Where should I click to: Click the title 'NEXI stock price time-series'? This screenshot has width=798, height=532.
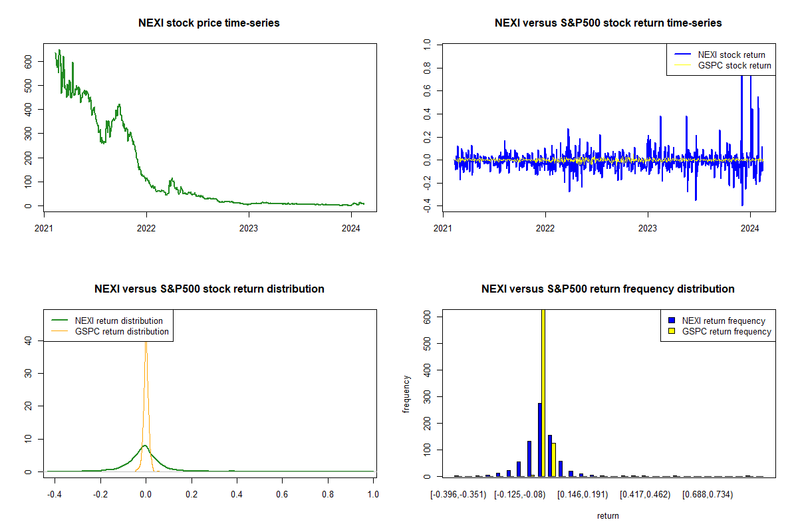(x=209, y=23)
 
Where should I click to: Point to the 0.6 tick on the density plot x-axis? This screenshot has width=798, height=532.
(x=282, y=495)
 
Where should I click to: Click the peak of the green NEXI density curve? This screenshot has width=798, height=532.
(x=145, y=446)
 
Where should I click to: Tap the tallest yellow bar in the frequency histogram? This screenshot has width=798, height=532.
(x=543, y=392)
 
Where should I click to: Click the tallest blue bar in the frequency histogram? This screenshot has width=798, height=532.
(x=539, y=439)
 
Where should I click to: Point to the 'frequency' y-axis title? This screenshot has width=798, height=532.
(x=406, y=394)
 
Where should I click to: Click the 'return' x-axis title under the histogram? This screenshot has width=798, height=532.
(x=608, y=515)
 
